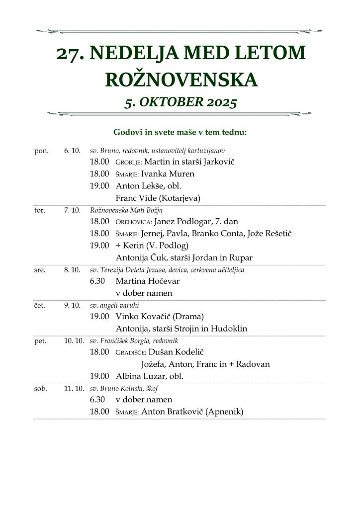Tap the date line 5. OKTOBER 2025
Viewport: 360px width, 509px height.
coord(180,102)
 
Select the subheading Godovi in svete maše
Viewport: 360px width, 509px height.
coord(180,132)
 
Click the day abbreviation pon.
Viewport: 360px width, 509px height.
coord(41,151)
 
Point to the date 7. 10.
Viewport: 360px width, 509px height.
coord(72,210)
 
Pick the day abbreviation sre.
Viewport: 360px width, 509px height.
coord(40,270)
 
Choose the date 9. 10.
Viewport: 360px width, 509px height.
coord(72,305)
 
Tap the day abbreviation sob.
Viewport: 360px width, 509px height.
coord(40,388)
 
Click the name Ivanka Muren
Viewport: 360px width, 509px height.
coord(168,174)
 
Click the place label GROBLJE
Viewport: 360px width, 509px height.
coord(128,162)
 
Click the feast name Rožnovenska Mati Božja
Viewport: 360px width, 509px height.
coord(126,210)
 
